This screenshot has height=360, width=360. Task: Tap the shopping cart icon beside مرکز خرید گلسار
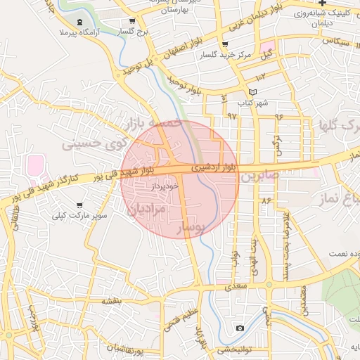(224, 44)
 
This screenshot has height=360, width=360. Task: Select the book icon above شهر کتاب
(252, 93)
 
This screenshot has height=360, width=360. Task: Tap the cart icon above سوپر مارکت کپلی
(78, 205)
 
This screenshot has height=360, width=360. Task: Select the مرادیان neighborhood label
(148, 209)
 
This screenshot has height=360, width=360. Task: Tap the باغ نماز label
(345, 197)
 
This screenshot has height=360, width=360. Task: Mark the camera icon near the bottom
(240, 328)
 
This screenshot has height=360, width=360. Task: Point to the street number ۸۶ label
(266, 201)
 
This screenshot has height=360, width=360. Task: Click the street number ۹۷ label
(232, 115)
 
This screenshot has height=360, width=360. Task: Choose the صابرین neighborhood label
(260, 177)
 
